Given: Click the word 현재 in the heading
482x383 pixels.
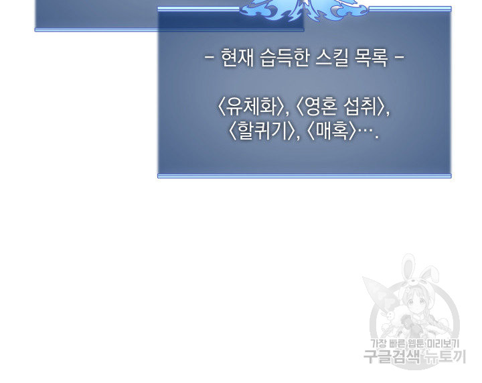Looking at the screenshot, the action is (x=238, y=58).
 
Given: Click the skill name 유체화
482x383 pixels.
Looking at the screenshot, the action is (x=251, y=107).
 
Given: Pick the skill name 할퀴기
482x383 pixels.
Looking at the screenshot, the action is (x=262, y=131).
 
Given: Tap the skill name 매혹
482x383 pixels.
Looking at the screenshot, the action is (x=331, y=131).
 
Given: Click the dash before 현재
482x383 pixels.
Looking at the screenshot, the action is (x=209, y=57).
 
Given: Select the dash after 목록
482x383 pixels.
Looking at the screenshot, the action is (x=399, y=57).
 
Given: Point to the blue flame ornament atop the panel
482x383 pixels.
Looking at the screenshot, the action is (x=304, y=10).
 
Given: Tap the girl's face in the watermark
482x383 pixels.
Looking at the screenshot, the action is (x=414, y=303).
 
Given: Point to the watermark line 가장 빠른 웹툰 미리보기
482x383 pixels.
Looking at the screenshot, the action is (x=414, y=343).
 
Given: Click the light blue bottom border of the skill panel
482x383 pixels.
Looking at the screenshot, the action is (x=305, y=176).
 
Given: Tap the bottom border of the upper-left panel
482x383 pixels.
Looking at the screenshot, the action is (x=169, y=30).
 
